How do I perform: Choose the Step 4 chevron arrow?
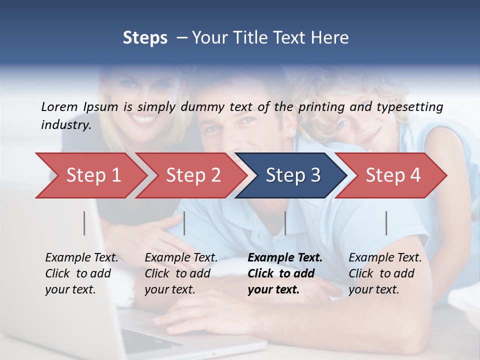[393, 175]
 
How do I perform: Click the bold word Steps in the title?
[145, 38]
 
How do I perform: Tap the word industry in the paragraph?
[65, 125]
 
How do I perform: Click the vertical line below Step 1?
[84, 223]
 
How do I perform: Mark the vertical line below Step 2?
[184, 223]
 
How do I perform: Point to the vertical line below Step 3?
[285, 223]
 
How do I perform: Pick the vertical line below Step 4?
[386, 223]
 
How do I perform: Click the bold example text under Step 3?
[285, 273]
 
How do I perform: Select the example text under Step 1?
[81, 273]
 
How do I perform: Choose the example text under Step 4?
[385, 273]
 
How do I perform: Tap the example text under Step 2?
[181, 273]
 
